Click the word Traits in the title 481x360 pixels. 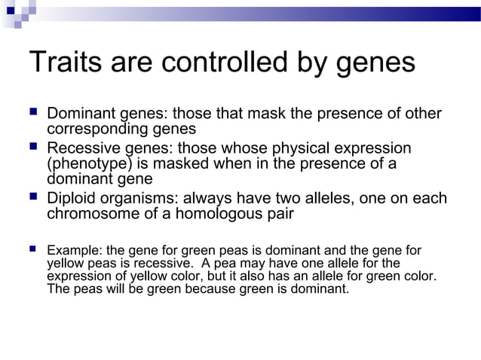[x=60, y=62]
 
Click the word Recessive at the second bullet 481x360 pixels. [x=83, y=148]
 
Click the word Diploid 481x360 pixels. [x=72, y=199]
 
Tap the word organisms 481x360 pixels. [x=141, y=199]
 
